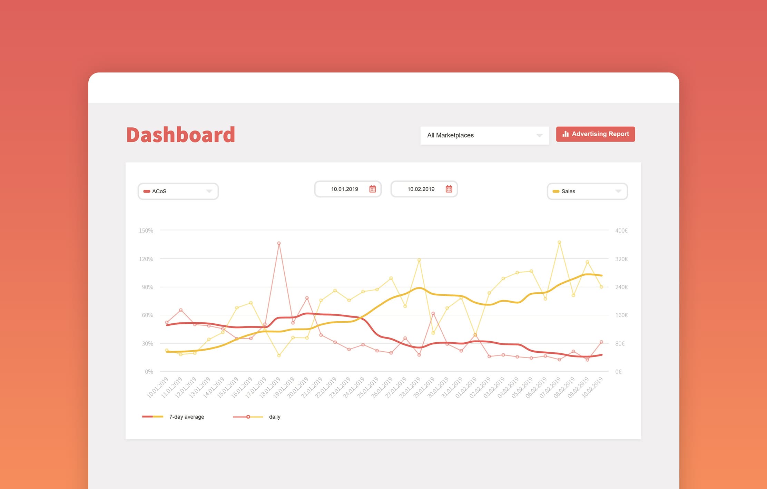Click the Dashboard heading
[x=180, y=135]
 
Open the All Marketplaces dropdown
[x=484, y=135]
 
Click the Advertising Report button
[x=595, y=134]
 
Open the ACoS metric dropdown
[x=178, y=191]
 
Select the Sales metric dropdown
[x=587, y=191]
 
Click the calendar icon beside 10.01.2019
[x=373, y=189]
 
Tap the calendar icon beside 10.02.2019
[x=449, y=189]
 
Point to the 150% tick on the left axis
[x=146, y=231]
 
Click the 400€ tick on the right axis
[x=621, y=231]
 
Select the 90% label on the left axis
[x=147, y=287]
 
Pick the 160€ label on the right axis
[x=621, y=315]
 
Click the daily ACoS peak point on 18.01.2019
[x=279, y=243]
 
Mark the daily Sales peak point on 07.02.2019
[x=559, y=242]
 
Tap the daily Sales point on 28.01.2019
[x=419, y=260]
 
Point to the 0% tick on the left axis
[x=149, y=372]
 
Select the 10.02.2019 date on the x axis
[x=592, y=387]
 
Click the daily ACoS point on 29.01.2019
[x=433, y=313]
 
